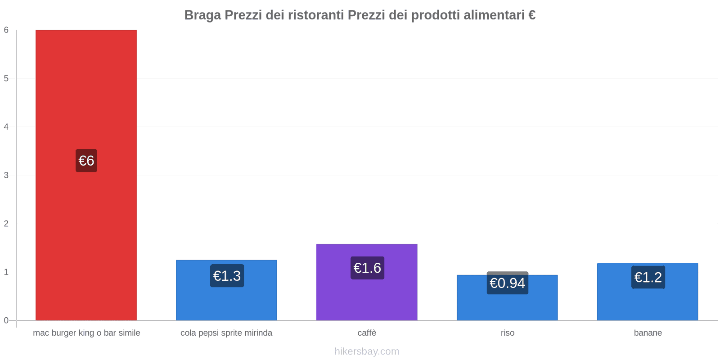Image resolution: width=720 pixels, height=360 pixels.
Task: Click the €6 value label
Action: tap(86, 161)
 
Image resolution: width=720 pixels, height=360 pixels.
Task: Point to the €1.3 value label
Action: tap(227, 276)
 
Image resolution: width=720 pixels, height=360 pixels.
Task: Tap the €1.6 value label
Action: tap(367, 268)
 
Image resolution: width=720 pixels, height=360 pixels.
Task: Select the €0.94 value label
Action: tap(507, 283)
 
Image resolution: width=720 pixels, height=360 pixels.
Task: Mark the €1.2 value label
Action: tap(648, 277)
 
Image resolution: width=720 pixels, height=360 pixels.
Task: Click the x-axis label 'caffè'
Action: tap(367, 333)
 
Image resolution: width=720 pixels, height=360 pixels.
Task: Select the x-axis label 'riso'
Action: tap(507, 333)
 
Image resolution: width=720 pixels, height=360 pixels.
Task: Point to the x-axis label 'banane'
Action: tap(648, 333)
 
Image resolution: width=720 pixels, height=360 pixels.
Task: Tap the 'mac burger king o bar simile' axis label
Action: tap(86, 333)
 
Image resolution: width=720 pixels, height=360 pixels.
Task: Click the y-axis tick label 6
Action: tap(6, 30)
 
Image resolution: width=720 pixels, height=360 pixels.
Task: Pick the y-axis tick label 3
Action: tap(6, 175)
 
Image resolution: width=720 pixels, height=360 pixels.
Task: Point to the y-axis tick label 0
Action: tap(6, 320)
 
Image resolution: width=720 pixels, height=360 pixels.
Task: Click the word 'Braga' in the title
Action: tap(202, 15)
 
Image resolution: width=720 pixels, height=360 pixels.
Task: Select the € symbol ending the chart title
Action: tap(532, 15)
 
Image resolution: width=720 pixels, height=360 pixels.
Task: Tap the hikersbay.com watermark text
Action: tap(367, 351)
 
